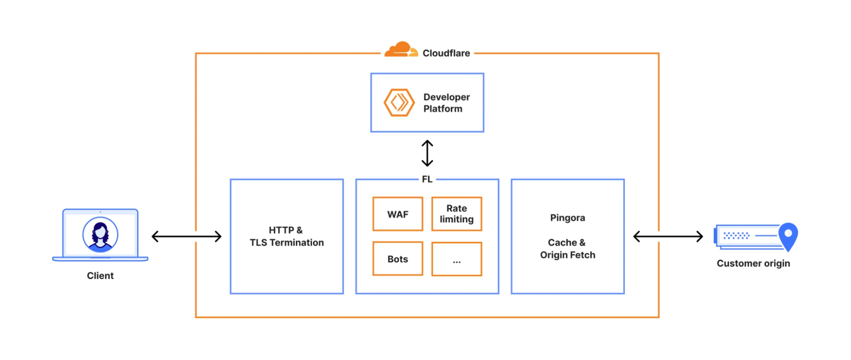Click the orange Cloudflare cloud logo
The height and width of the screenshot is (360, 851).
[401, 50]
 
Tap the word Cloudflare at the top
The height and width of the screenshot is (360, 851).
[446, 53]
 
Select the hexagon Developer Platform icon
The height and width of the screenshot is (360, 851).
[399, 103]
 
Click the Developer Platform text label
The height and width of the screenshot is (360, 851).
[446, 103]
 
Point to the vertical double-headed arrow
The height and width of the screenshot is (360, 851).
[427, 153]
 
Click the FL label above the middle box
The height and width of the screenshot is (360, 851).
[427, 179]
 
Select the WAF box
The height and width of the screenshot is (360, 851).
[398, 214]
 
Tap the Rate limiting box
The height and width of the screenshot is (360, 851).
[456, 214]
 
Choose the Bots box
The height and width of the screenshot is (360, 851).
[398, 259]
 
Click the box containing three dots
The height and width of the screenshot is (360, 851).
[456, 259]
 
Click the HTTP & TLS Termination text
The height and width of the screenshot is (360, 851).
[287, 237]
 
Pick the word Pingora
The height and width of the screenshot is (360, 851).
[567, 218]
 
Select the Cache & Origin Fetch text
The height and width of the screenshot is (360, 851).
[567, 249]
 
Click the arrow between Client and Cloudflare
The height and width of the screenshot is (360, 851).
[186, 236]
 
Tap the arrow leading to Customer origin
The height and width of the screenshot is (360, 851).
[668, 236]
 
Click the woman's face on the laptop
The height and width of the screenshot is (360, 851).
[100, 233]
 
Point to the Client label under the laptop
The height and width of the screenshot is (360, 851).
[100, 276]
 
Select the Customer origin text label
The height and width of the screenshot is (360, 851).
[753, 263]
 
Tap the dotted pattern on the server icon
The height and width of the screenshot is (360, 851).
[736, 235]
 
